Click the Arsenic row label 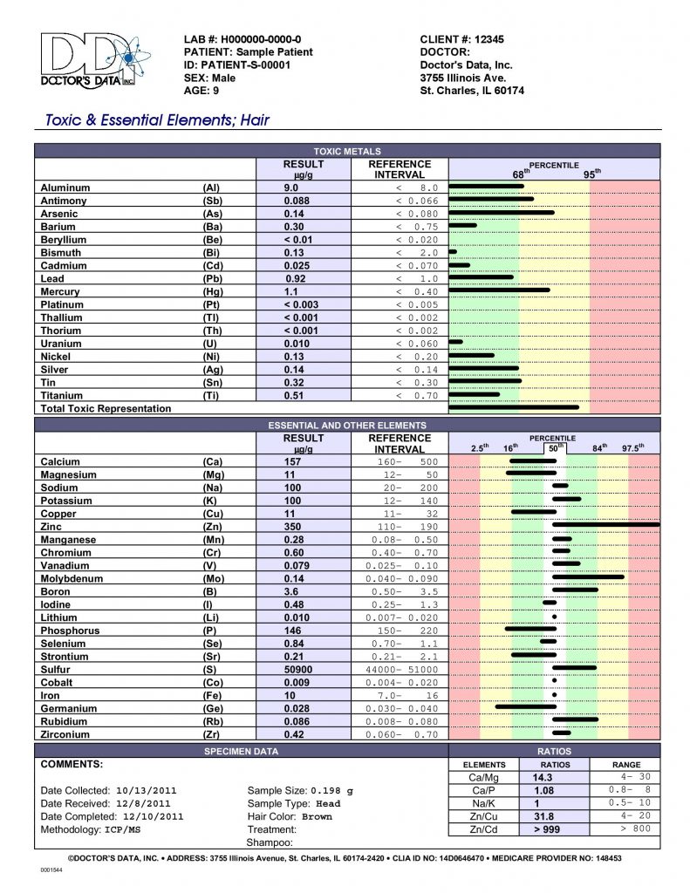click(x=59, y=214)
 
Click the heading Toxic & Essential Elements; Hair click(x=157, y=120)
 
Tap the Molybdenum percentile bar click(x=588, y=577)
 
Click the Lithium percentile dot click(x=554, y=617)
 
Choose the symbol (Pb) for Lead click(x=213, y=279)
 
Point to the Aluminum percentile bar click(x=486, y=187)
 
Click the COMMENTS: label click(x=72, y=764)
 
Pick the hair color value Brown click(x=317, y=817)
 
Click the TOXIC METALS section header click(x=347, y=152)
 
